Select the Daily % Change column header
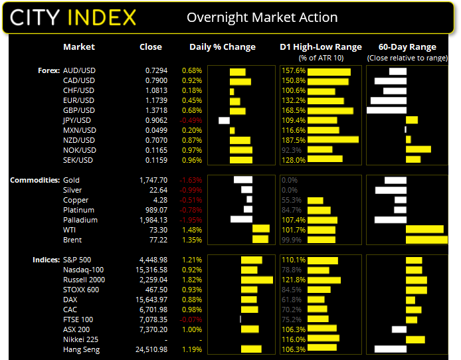click(x=223, y=47)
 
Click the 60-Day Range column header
click(x=407, y=47)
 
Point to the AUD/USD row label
click(x=79, y=70)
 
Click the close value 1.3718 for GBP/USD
click(x=157, y=110)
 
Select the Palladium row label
click(x=80, y=220)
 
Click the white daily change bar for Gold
click(x=242, y=180)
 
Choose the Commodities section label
click(x=34, y=180)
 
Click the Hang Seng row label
click(x=81, y=349)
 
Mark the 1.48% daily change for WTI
click(x=191, y=230)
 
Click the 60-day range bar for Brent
click(x=426, y=240)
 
